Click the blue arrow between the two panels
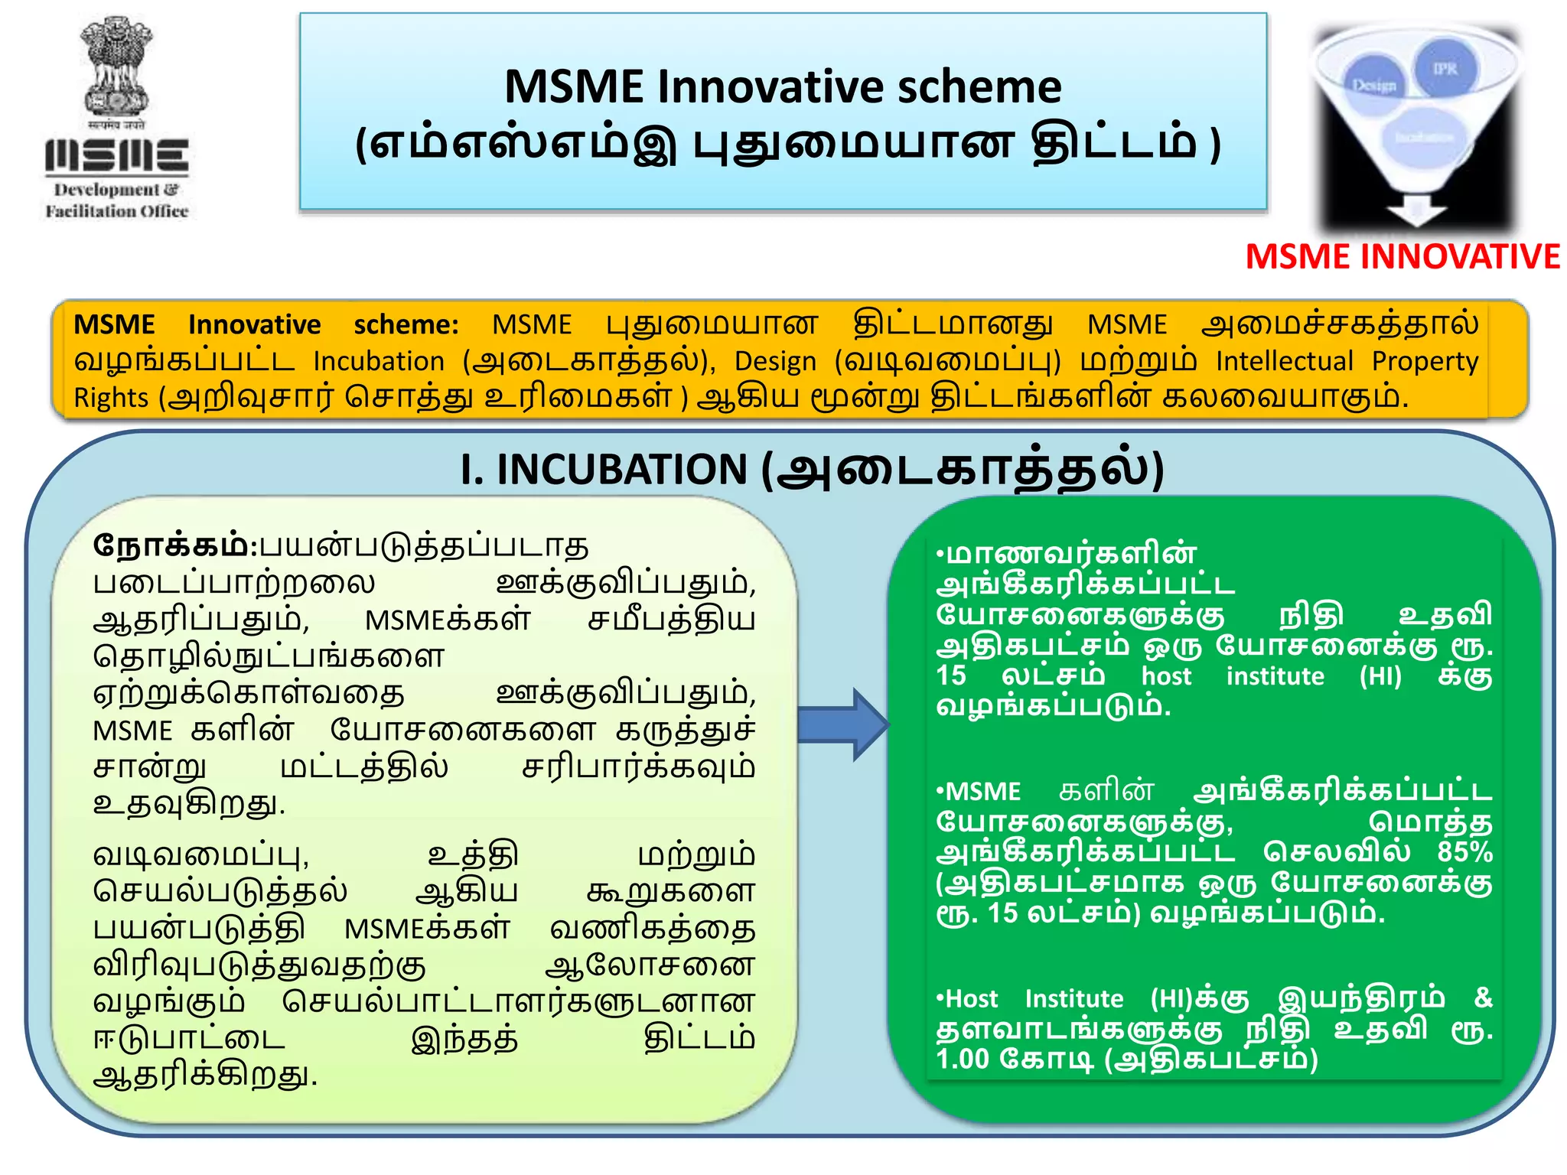(842, 724)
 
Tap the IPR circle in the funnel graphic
(1444, 69)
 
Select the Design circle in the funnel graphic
(1374, 85)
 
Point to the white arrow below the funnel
(1416, 210)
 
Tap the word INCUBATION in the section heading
(621, 469)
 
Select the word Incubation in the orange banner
(379, 361)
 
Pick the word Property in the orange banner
(1424, 361)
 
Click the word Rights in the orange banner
(110, 398)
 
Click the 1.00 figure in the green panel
(963, 1059)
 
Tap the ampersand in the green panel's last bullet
(1483, 998)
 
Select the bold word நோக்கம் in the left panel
(170, 546)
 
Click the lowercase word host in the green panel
(1166, 676)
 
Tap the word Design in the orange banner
(775, 361)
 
